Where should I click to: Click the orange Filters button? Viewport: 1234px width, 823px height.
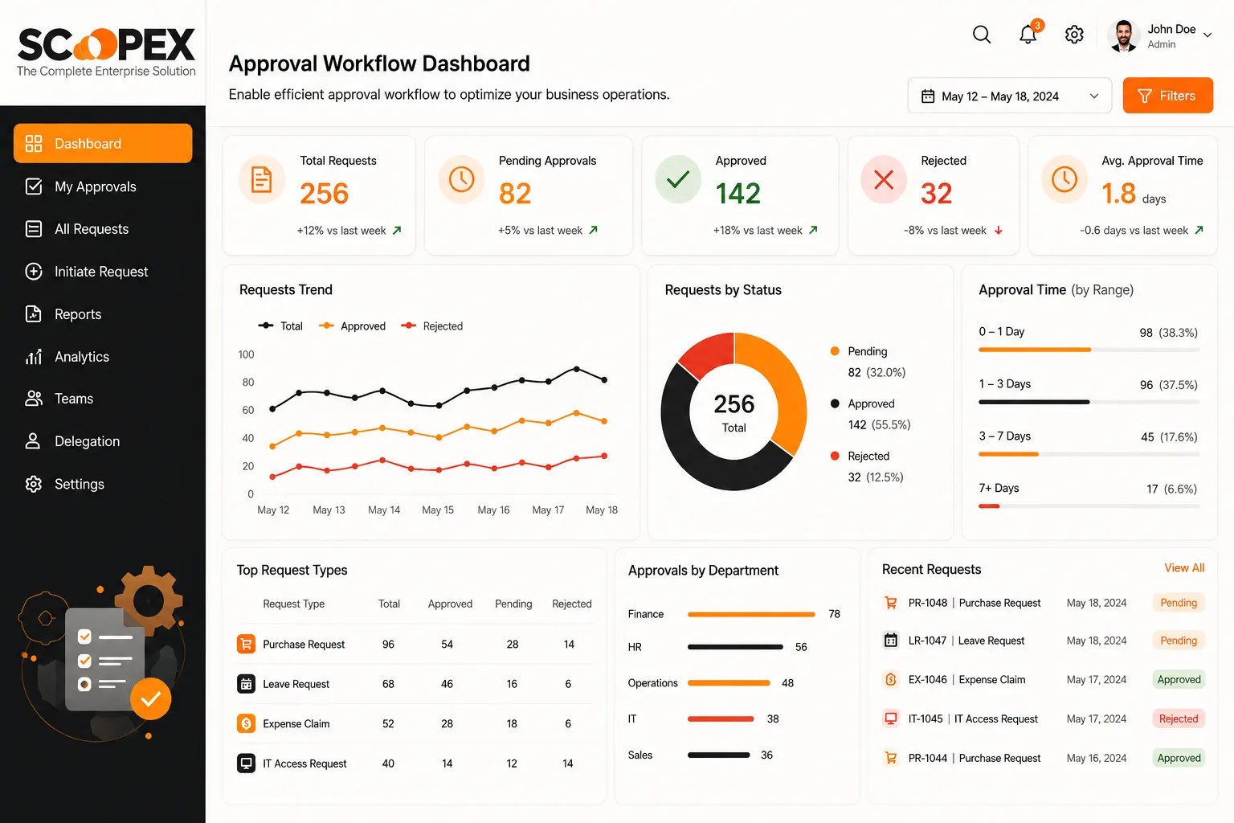[1167, 96]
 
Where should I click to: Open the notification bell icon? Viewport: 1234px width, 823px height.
[1028, 35]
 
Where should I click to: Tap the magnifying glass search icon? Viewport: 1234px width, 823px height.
[982, 35]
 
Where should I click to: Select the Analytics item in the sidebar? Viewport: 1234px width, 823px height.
[81, 357]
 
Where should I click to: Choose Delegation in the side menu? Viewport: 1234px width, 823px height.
[87, 441]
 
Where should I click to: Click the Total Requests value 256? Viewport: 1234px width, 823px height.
[324, 194]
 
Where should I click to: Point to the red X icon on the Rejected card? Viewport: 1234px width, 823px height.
[884, 180]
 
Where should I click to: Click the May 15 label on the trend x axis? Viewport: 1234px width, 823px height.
[438, 510]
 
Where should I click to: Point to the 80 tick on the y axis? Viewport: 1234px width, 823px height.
[248, 382]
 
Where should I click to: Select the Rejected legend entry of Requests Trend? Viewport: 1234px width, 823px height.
[432, 326]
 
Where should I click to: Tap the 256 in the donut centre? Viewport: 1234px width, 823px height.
[733, 404]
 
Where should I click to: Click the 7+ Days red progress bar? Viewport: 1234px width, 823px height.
[989, 506]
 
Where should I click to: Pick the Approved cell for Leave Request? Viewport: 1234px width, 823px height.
[447, 684]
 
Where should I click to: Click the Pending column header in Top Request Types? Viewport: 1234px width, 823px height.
[513, 604]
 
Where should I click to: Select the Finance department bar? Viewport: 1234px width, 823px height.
[751, 614]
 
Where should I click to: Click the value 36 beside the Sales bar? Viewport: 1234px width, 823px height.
[766, 755]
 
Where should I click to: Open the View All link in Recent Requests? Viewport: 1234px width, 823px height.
[1184, 567]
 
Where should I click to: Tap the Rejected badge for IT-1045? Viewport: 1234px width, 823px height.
[1179, 719]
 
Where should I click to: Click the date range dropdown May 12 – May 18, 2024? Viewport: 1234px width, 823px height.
[1009, 96]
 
